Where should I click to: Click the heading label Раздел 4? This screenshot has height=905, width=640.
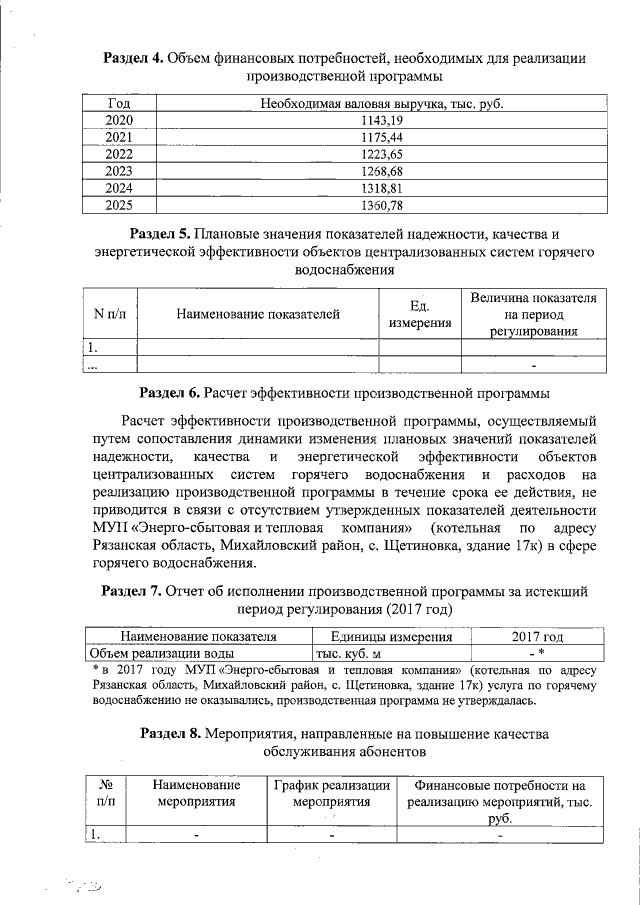[x=137, y=58]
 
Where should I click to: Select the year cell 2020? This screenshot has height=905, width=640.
[x=119, y=120]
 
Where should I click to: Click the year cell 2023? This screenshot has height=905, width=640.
[x=119, y=171]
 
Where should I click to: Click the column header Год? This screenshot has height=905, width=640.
[x=119, y=103]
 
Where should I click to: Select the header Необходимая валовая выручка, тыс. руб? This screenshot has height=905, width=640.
[x=380, y=103]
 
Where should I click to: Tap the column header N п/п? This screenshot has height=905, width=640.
[x=109, y=314]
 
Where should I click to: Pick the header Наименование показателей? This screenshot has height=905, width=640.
[x=258, y=314]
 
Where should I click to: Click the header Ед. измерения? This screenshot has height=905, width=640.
[x=420, y=314]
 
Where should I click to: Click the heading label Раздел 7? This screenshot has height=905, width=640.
[x=136, y=591]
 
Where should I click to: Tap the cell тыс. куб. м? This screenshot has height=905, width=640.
[x=349, y=652]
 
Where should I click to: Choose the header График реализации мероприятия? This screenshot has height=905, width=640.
[x=332, y=793]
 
